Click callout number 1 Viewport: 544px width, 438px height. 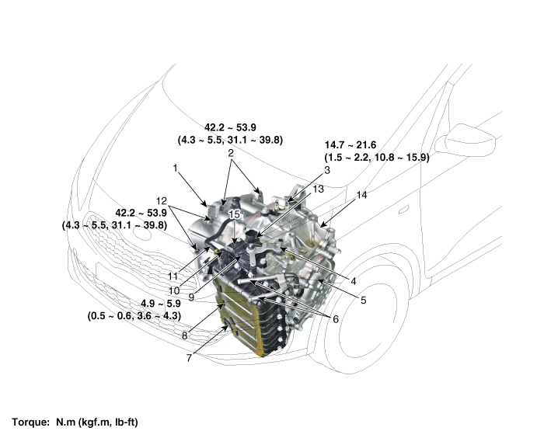tap(176, 167)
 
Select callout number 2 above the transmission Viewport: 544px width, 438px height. tap(231, 154)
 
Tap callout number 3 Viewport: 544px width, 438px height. tap(327, 169)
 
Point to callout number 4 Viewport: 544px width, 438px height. tap(353, 281)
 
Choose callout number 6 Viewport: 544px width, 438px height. tap(335, 318)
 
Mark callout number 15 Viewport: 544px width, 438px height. tap(232, 213)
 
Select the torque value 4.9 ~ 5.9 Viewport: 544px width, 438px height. tap(162, 304)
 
